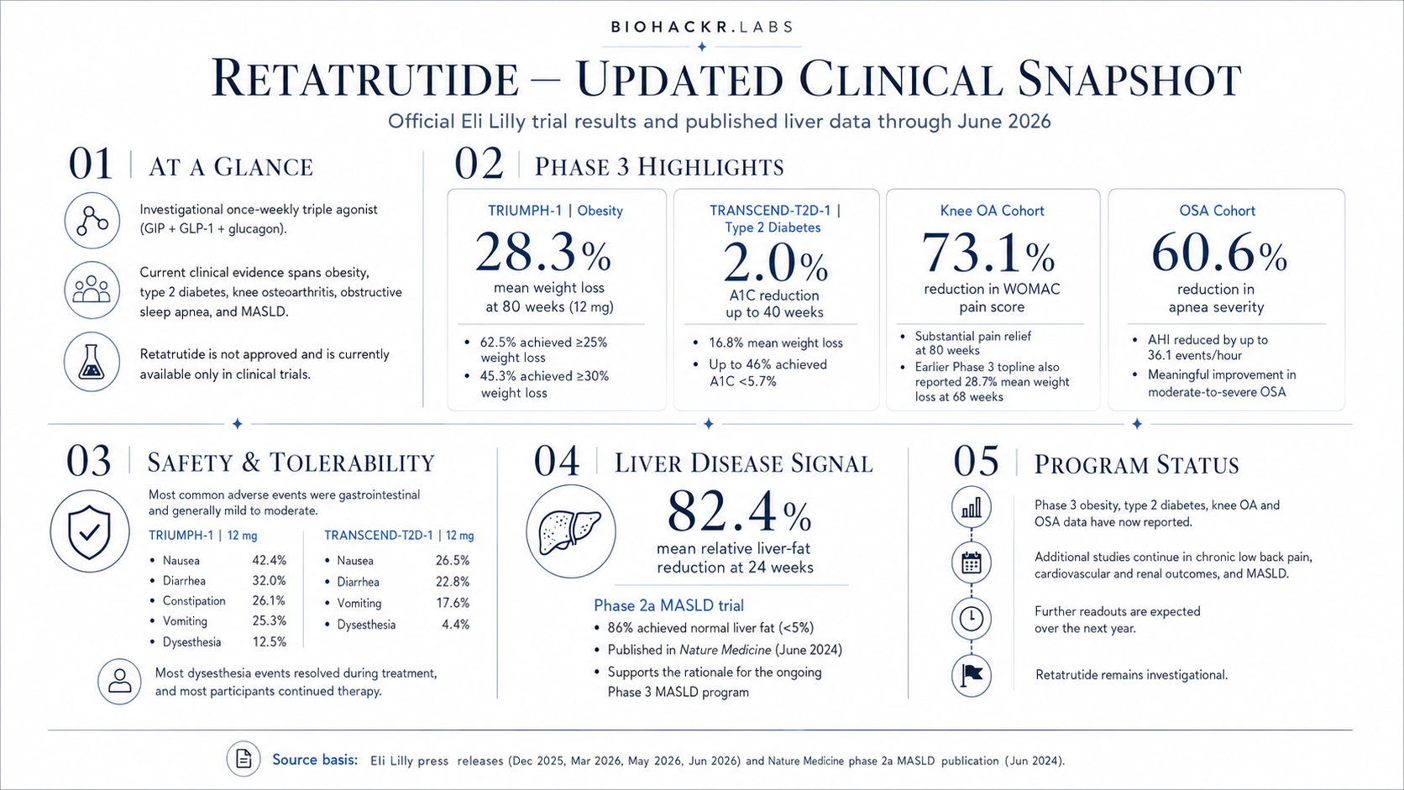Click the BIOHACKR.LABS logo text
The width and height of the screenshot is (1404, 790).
coord(702,27)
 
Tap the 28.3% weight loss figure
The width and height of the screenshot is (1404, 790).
coord(542,253)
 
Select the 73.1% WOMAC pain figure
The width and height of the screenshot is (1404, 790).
coord(988,253)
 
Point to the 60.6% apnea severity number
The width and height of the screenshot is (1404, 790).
coord(1219,253)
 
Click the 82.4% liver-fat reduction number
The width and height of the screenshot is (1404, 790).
coord(740,512)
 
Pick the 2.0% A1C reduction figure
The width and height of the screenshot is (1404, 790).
coord(775,263)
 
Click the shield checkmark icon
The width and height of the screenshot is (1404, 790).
coord(90,531)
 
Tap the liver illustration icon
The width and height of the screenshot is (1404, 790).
coord(571,531)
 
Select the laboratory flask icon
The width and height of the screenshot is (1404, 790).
coord(92,362)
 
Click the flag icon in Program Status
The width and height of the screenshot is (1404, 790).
coord(972,675)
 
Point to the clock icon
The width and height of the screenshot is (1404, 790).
coord(972,619)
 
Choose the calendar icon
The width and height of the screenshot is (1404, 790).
coord(972,562)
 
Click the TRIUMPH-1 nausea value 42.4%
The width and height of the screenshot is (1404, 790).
coord(269,560)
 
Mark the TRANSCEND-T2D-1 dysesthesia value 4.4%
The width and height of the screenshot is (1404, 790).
coord(456,624)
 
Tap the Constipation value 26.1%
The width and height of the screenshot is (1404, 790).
coord(268,600)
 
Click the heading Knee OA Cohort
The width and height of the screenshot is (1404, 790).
coord(993,211)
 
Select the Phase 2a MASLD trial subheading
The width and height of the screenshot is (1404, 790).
coord(668,605)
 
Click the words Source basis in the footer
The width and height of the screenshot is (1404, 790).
coord(315,760)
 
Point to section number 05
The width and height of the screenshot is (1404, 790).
coord(976,462)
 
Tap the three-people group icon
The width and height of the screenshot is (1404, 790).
coord(92,290)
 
